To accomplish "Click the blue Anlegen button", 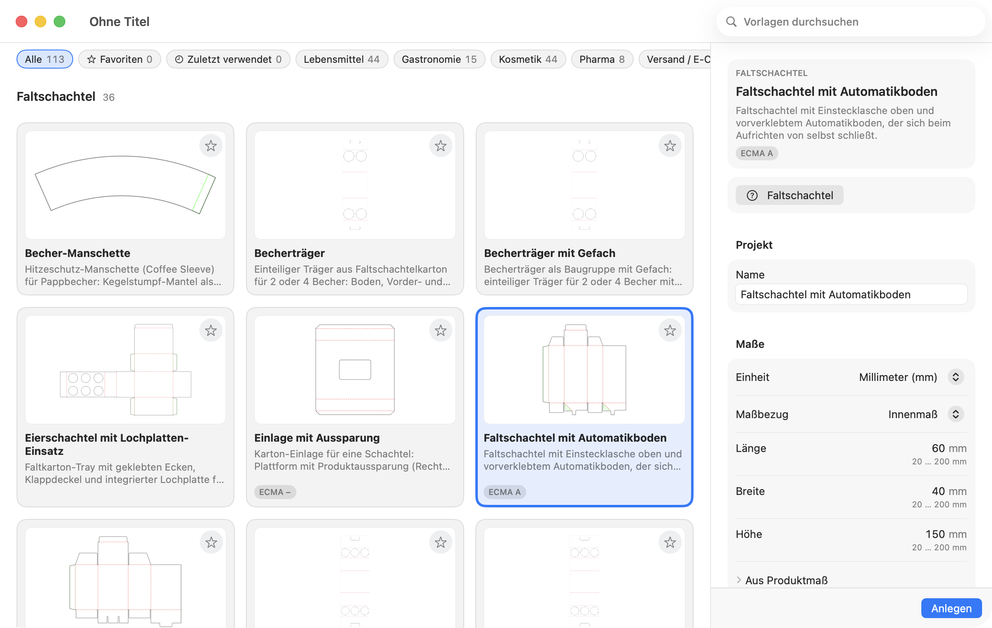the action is point(951,608).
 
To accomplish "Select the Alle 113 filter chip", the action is point(45,59).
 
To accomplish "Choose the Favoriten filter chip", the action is point(119,59).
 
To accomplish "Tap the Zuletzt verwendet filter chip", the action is point(228,59).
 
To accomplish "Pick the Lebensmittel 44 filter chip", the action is point(342,59).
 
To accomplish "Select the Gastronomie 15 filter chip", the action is point(439,59).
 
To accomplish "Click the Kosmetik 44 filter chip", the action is point(528,59).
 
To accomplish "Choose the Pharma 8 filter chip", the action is point(602,59).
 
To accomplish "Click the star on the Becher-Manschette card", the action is point(211,145).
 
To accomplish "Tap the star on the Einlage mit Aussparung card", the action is point(441,330).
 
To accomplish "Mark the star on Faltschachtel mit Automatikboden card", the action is point(670,330).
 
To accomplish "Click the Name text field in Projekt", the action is point(851,294).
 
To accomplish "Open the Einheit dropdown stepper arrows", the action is point(956,377).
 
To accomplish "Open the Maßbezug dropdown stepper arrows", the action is point(956,414).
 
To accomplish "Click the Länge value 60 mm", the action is point(949,448).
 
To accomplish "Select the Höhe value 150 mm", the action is point(946,534).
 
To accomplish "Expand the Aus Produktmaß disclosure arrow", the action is point(739,580).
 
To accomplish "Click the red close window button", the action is point(21,21).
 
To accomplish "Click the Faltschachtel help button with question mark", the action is point(789,195).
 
